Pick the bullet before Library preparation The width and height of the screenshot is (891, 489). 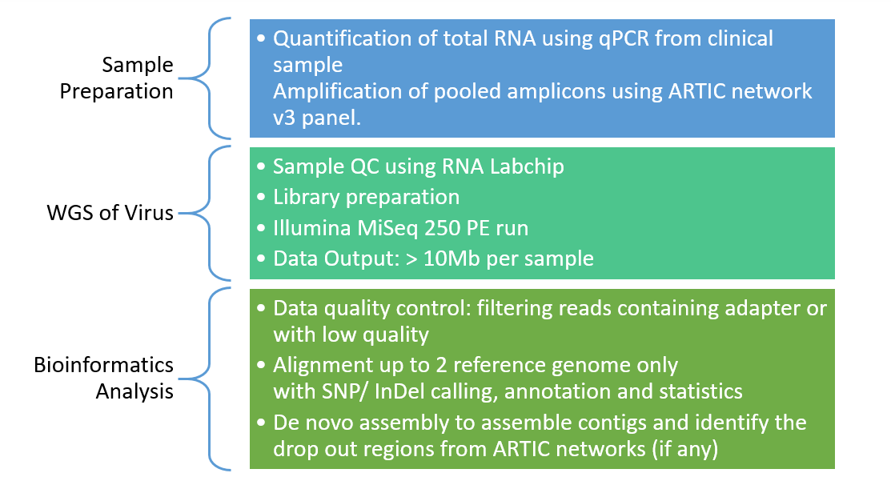261,197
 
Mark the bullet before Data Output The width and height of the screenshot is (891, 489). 261,259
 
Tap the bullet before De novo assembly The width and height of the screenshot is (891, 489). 261,423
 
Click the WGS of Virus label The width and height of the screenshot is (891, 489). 110,213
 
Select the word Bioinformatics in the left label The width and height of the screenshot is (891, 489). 103,365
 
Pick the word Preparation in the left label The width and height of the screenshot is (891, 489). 117,91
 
